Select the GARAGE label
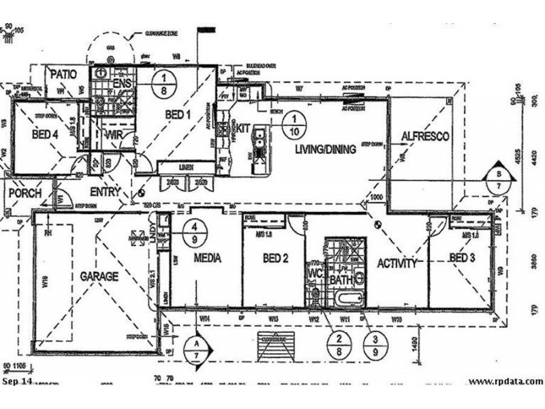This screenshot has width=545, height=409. point(99,277)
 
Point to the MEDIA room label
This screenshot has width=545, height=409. point(205,258)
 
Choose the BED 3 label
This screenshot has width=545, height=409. point(461,257)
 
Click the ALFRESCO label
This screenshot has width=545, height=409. point(425,136)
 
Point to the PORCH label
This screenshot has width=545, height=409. point(25,194)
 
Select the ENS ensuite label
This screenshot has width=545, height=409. point(122,84)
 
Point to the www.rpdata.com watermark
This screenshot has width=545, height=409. point(505,382)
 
